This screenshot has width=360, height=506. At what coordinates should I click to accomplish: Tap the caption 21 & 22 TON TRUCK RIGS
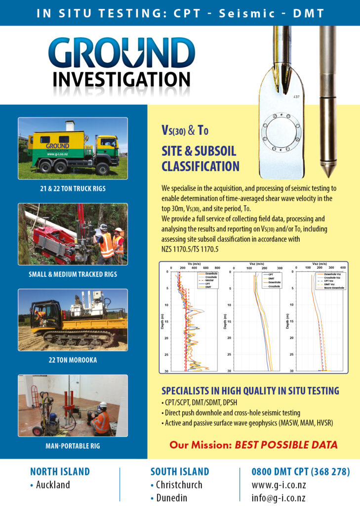coord(73,188)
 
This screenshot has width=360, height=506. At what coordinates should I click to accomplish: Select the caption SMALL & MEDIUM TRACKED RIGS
coord(73,274)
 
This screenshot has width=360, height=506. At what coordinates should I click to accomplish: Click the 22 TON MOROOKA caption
coord(73,360)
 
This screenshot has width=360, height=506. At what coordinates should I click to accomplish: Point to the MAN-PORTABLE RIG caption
coord(73,446)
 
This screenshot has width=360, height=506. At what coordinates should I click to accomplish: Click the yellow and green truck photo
coord(73,149)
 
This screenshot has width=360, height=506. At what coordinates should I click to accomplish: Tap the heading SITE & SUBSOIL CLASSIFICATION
coord(200,158)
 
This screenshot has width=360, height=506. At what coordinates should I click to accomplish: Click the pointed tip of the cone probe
coord(327,173)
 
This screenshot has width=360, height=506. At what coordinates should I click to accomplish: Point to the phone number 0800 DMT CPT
coord(301,471)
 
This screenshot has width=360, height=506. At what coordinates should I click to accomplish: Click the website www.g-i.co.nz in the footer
coord(279,485)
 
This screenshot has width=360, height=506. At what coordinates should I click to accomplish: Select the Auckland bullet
coord(49,485)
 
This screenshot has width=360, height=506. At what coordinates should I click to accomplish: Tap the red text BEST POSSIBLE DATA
coord(286,445)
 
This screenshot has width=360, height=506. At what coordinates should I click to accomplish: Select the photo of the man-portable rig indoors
coord(73,406)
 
